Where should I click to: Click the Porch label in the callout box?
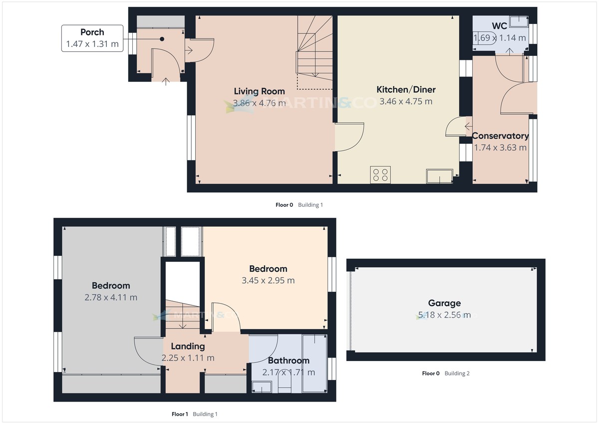tap(92, 32)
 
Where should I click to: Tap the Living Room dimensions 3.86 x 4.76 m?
tap(259, 103)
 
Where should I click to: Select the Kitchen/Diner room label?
tap(405, 90)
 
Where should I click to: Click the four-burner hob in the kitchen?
tap(380, 175)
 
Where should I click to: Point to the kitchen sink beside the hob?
tap(439, 176)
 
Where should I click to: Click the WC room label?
tap(500, 25)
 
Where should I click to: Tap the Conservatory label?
tap(500, 136)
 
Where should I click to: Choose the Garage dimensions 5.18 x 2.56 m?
tap(444, 315)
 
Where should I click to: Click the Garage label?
tap(444, 303)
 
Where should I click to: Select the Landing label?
tap(188, 346)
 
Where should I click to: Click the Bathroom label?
tap(289, 361)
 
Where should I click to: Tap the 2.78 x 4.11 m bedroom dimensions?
tap(111, 298)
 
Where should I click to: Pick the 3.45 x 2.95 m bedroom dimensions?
tap(268, 281)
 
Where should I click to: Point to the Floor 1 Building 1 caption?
tap(195, 414)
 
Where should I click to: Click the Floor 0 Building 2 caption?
tap(445, 373)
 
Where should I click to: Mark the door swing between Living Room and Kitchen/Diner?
tap(347, 139)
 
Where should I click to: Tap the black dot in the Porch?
tap(162, 39)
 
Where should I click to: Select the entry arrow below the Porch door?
tap(166, 79)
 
